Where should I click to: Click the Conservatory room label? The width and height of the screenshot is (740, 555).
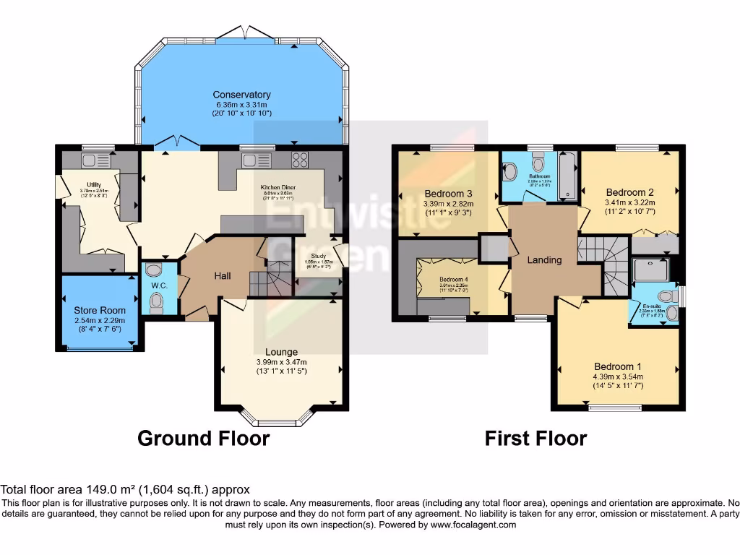241,95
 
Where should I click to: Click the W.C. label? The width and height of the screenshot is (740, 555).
160,285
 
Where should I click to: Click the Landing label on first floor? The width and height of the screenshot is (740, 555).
543,259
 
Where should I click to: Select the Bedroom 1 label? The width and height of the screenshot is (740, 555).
618,366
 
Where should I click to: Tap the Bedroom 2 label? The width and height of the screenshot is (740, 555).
629,192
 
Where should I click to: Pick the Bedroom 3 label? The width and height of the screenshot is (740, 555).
448,194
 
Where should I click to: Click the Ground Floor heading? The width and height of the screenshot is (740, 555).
203,438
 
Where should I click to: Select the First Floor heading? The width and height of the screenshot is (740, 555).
535,438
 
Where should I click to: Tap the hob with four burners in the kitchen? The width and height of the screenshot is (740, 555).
299,159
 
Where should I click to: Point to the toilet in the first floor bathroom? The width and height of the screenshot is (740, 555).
510,171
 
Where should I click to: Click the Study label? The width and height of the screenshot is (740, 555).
318,256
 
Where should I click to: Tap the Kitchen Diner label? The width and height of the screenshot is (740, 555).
279,186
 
